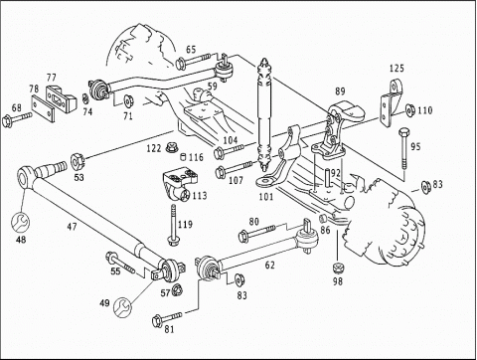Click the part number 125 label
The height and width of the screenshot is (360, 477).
tap(397, 69)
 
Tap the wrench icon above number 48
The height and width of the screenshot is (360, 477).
tap(20, 223)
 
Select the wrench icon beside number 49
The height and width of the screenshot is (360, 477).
tap(122, 306)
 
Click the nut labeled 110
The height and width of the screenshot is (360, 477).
tap(410, 110)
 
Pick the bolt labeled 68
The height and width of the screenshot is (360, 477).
tap(17, 118)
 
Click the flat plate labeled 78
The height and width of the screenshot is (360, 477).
tap(43, 108)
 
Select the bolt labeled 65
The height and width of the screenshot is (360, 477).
tap(193, 61)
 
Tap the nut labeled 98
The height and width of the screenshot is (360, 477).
tap(338, 268)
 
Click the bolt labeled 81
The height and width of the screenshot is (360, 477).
tap(166, 318)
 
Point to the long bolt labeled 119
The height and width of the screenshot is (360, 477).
tap(173, 225)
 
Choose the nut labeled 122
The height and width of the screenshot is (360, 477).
tap(171, 147)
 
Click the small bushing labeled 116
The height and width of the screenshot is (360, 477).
tap(184, 156)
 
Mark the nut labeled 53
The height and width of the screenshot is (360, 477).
tap(79, 161)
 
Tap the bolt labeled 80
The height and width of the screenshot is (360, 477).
tap(256, 233)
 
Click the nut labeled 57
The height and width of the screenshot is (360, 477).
tap(178, 290)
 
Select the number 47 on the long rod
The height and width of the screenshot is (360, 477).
tap(72, 227)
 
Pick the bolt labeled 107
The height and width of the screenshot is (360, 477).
tap(234, 168)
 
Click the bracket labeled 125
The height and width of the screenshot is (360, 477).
tap(392, 102)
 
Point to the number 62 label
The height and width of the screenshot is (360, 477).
tap(270, 266)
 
